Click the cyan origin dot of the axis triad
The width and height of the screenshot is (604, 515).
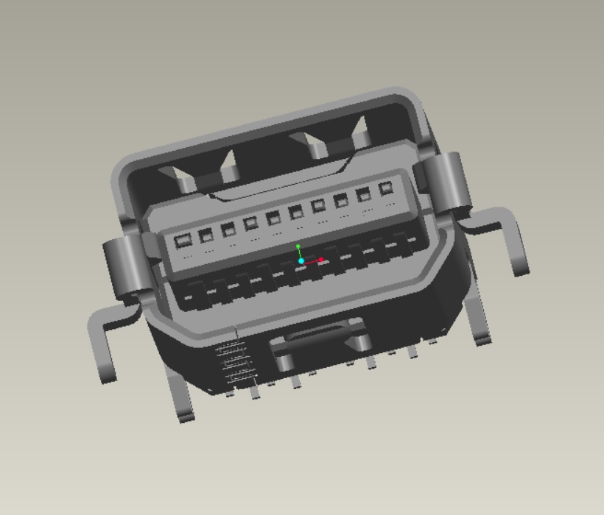(301, 261)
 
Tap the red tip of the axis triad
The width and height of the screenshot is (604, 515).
(321, 260)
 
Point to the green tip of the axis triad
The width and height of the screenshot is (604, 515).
(298, 247)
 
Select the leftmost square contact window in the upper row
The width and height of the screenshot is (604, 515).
(181, 240)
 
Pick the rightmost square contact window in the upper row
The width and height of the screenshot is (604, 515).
(385, 188)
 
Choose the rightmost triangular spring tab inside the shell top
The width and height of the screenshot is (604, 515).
(361, 132)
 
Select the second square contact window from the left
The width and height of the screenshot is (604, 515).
(206, 235)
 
